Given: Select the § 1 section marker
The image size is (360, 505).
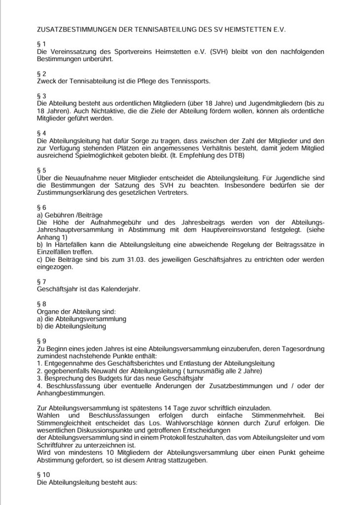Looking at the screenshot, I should [x=41, y=44].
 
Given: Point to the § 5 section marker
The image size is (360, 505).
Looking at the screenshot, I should [x=41, y=171].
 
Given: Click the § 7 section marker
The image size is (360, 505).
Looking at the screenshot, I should [x=41, y=281].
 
